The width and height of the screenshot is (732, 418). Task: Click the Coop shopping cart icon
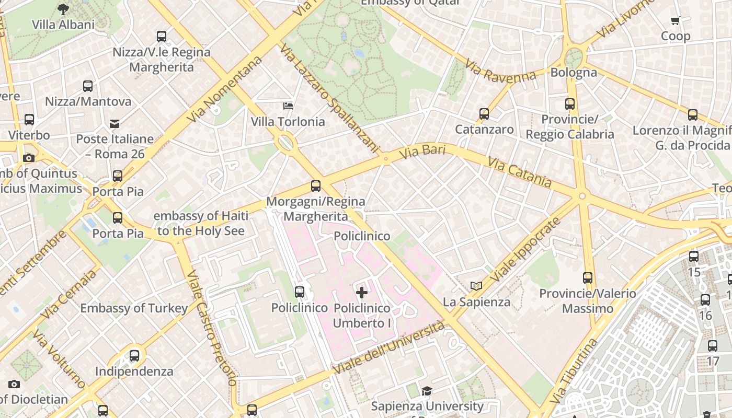point(675,21)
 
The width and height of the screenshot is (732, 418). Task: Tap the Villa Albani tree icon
point(63,9)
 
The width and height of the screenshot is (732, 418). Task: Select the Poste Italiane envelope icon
point(115,124)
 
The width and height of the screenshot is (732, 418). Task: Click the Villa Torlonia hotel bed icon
point(288,106)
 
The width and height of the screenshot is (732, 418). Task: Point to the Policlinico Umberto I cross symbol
point(361,293)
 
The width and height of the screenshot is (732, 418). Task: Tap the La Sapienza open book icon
point(476,286)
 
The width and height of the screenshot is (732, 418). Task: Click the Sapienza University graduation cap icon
point(427,391)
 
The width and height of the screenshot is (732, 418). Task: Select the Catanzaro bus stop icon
point(484,113)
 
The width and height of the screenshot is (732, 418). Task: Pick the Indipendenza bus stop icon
point(134,356)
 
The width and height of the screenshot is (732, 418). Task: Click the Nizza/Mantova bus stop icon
point(88,86)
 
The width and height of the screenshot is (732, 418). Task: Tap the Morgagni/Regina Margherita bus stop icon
point(316,186)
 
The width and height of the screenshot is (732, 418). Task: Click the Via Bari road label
point(422,153)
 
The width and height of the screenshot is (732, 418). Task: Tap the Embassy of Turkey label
point(134,308)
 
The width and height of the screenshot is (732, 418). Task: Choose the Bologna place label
point(574,72)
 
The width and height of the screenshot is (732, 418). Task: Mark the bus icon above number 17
point(713,345)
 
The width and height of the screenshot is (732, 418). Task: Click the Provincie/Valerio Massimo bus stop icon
point(588,278)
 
